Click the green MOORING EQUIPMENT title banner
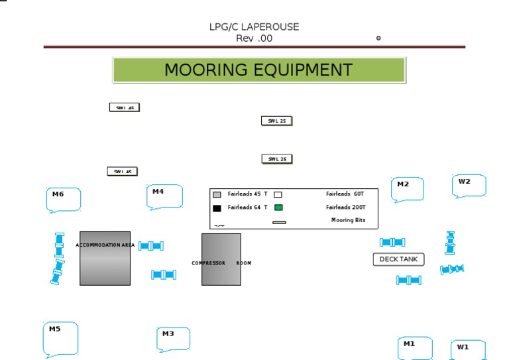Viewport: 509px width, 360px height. tap(258, 70)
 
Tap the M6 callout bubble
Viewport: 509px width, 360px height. tap(64, 199)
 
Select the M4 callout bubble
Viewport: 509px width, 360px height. tap(164, 196)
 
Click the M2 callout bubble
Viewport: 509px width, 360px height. tap(407, 188)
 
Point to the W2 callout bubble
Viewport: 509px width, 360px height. tap(469, 185)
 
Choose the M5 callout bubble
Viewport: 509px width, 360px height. tap(60, 338)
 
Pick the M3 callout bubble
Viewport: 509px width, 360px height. tap(173, 338)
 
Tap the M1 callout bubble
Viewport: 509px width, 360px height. tap(415, 348)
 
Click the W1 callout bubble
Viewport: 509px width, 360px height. tap(468, 349)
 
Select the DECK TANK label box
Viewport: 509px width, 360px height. tap(398, 259)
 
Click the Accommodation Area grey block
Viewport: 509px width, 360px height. tap(105, 259)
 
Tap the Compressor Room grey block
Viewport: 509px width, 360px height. tap(221, 259)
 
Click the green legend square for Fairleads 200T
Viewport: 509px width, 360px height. tap(278, 208)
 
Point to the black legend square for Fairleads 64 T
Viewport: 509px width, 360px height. tap(217, 208)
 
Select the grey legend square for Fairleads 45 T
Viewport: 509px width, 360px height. tap(217, 195)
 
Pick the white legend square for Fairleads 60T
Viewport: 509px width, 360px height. tap(278, 195)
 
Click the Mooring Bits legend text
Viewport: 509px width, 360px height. tap(348, 220)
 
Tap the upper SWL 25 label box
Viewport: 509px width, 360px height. tap(277, 121)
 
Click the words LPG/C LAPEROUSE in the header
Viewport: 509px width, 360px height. tap(254, 27)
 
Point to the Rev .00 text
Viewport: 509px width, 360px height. tap(254, 38)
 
